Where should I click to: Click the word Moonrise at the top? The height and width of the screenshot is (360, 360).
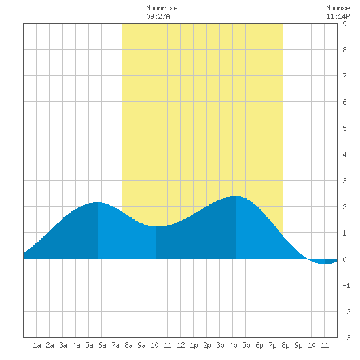click(162, 8)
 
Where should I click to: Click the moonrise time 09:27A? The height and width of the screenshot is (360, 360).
click(158, 16)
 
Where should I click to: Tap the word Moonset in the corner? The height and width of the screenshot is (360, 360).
click(340, 8)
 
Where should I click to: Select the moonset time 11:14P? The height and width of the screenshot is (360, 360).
click(338, 16)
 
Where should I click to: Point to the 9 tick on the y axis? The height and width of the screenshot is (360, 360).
click(344, 24)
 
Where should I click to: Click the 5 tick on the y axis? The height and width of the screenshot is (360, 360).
click(344, 128)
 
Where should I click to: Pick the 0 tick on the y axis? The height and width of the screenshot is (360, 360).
click(344, 259)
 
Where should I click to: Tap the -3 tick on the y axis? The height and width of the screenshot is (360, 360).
click(346, 338)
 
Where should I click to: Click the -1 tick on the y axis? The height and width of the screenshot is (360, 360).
click(346, 285)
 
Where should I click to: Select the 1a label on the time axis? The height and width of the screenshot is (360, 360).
click(37, 345)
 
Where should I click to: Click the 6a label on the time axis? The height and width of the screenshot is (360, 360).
click(102, 345)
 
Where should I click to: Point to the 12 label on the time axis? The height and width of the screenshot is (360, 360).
click(181, 345)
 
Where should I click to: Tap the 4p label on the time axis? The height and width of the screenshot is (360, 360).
click(233, 345)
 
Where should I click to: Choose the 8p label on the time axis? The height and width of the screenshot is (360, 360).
click(285, 345)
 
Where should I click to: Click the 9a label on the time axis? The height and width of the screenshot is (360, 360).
click(141, 345)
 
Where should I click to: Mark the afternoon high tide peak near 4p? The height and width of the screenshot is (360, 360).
click(236, 196)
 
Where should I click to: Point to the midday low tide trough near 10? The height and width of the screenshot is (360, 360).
click(156, 226)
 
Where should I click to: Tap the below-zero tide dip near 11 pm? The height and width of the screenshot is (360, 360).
click(325, 264)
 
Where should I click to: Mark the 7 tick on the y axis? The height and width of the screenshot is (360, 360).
click(344, 76)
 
